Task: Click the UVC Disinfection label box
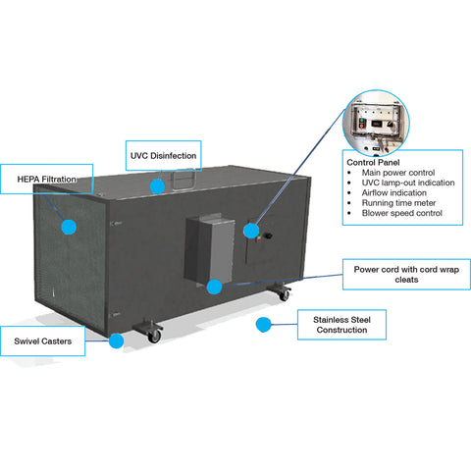(x=163, y=155)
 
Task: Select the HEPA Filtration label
(x=46, y=179)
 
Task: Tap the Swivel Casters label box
(x=42, y=341)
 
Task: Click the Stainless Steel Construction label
(x=341, y=325)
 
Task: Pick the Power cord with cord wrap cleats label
(x=406, y=274)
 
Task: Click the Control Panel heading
(x=373, y=162)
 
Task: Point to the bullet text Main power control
(x=398, y=173)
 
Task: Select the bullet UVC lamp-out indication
(x=408, y=183)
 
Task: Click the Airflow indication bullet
(x=394, y=192)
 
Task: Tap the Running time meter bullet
(x=398, y=203)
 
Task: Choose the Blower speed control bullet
(x=402, y=213)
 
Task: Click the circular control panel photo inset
(x=376, y=123)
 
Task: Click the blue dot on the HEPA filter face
(x=69, y=227)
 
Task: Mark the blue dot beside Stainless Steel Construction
(x=263, y=325)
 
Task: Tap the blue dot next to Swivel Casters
(x=116, y=341)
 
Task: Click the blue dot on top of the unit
(x=157, y=186)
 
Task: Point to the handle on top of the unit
(x=184, y=180)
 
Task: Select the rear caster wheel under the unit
(x=284, y=295)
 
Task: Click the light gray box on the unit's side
(x=210, y=249)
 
